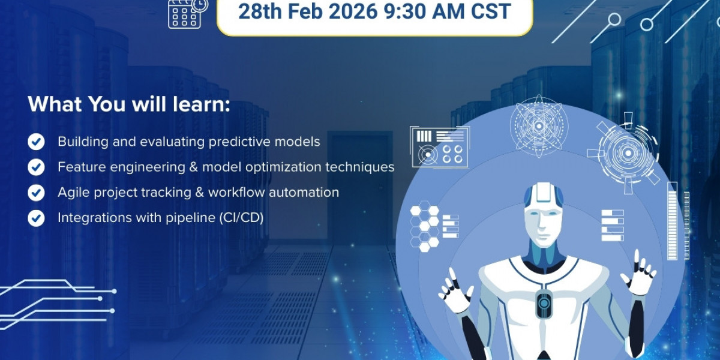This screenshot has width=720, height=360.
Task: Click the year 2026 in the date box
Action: coord(353,11)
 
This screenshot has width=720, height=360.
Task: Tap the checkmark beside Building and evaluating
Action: coord(36,142)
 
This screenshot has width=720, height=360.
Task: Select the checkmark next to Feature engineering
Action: coord(36,167)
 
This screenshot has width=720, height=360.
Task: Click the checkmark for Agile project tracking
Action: coord(36,193)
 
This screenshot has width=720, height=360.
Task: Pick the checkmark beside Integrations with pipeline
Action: coord(36,218)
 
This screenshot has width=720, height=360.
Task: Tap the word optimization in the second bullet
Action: coord(283,167)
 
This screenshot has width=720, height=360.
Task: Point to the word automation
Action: coord(304,192)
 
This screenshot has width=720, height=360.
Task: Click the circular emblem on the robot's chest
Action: coord(544,303)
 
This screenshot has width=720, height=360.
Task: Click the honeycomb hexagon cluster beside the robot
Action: coord(424,226)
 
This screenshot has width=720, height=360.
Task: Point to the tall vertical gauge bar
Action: coord(672,221)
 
